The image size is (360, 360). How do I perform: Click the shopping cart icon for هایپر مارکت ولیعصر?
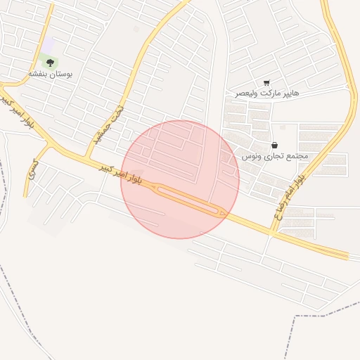(x=266, y=83)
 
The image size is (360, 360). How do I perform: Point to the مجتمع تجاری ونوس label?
(x=275, y=155)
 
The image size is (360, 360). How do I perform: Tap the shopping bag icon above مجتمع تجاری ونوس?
(x=274, y=146)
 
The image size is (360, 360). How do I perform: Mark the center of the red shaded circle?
(x=180, y=179)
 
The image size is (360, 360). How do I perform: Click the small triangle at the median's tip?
(x=224, y=212)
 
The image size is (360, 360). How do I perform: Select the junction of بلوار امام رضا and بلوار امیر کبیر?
(x=273, y=231)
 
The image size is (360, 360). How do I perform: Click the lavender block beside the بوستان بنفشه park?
(x=48, y=46)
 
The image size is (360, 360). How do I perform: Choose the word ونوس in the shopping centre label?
(x=252, y=155)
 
